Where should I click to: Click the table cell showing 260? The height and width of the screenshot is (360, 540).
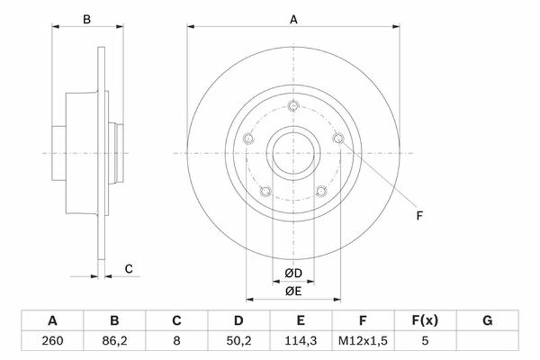click(53, 340)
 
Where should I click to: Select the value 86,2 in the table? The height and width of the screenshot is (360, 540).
click(114, 340)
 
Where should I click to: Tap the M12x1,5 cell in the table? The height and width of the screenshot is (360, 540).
click(362, 340)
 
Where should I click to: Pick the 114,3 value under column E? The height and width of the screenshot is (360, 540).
click(300, 340)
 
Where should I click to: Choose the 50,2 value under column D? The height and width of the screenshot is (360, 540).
click(239, 340)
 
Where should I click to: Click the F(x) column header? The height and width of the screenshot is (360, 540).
click(425, 320)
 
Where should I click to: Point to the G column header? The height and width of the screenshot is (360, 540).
click(487, 320)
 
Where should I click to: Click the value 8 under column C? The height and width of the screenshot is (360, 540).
click(177, 340)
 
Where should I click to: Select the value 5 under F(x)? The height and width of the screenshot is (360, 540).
click(425, 340)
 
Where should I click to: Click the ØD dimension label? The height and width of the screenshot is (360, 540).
click(294, 273)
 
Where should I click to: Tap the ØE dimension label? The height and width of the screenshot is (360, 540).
click(294, 291)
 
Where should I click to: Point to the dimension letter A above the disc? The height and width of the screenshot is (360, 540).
click(294, 20)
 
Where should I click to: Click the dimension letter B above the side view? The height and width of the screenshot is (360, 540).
click(87, 20)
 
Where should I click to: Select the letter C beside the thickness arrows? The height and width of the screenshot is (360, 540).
click(128, 269)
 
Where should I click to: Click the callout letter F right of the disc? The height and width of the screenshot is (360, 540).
click(419, 215)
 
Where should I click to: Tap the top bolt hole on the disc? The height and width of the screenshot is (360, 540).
click(294, 106)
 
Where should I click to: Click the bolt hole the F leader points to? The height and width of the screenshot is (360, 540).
click(339, 138)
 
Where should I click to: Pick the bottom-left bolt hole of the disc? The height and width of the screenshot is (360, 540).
click(265, 191)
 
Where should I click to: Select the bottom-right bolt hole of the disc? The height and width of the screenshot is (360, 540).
click(321, 191)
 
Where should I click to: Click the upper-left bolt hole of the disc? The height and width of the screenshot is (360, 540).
click(248, 139)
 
